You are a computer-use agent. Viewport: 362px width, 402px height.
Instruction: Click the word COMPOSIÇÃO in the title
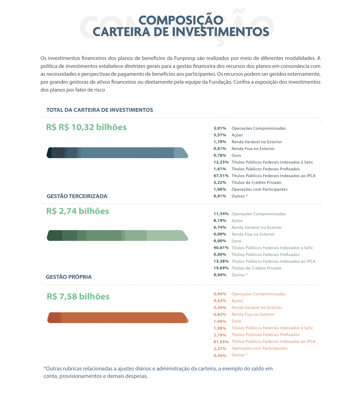click(181, 20)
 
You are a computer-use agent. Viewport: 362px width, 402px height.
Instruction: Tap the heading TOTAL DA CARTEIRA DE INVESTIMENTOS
click(100, 110)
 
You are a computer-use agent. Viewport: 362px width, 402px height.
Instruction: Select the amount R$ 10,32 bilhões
click(86, 127)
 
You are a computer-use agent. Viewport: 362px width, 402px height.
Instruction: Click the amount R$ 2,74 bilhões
click(78, 211)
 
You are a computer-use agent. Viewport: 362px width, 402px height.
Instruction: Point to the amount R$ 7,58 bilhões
click(78, 296)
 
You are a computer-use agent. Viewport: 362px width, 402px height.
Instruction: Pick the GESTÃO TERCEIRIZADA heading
click(77, 196)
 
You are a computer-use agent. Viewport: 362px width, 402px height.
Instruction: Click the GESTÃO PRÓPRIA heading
click(69, 277)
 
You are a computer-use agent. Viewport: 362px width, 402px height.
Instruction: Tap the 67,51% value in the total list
click(221, 176)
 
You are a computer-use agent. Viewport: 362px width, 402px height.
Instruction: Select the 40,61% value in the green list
click(221, 248)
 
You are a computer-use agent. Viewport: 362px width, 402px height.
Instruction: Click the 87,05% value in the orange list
click(221, 342)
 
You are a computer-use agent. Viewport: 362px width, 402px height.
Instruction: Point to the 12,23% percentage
click(221, 162)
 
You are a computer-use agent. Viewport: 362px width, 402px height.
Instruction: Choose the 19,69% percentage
click(221, 268)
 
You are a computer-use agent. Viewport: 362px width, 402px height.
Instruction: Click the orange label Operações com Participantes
click(259, 348)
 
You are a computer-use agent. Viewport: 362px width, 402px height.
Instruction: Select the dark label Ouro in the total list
click(237, 155)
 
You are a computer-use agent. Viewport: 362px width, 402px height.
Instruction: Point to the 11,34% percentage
click(221, 214)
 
